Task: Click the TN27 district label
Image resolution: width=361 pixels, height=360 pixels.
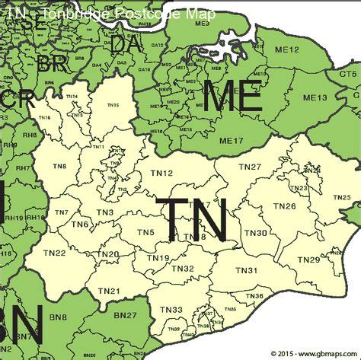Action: click(x=250, y=167)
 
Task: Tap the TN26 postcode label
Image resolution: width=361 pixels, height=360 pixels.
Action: click(x=284, y=206)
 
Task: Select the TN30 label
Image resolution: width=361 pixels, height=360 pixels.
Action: click(x=256, y=233)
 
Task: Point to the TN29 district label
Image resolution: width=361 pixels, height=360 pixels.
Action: click(x=308, y=260)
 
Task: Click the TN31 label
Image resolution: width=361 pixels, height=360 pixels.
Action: click(x=246, y=271)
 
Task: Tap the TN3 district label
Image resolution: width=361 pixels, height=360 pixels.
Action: click(x=105, y=212)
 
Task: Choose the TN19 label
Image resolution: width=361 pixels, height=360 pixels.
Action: click(x=158, y=259)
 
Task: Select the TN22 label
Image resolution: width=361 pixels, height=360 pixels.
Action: click(x=54, y=253)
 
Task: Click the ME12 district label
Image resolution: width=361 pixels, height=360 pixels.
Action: click(x=286, y=49)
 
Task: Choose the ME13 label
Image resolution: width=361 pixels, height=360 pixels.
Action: click(x=316, y=97)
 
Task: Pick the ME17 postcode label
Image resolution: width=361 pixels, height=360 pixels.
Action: click(x=230, y=140)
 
